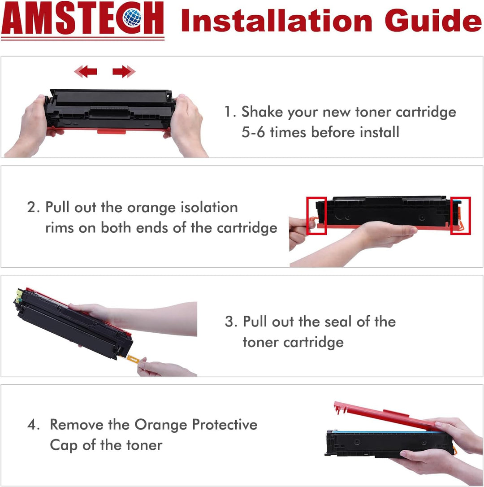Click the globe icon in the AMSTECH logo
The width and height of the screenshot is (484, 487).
pyautogui.click(x=132, y=18)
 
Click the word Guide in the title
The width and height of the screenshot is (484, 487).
pyautogui.click(x=433, y=20)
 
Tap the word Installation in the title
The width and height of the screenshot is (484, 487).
pyautogui.click(x=277, y=20)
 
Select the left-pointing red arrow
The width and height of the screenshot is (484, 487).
pyautogui.click(x=86, y=71)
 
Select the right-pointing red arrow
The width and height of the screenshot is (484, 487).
pyautogui.click(x=124, y=71)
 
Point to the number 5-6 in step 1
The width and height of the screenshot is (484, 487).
pyautogui.click(x=253, y=132)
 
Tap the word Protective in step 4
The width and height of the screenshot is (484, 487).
pyautogui.click(x=225, y=424)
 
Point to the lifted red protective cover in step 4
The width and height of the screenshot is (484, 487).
pyautogui.click(x=388, y=415)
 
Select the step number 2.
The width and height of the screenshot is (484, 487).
pyautogui.click(x=32, y=208)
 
